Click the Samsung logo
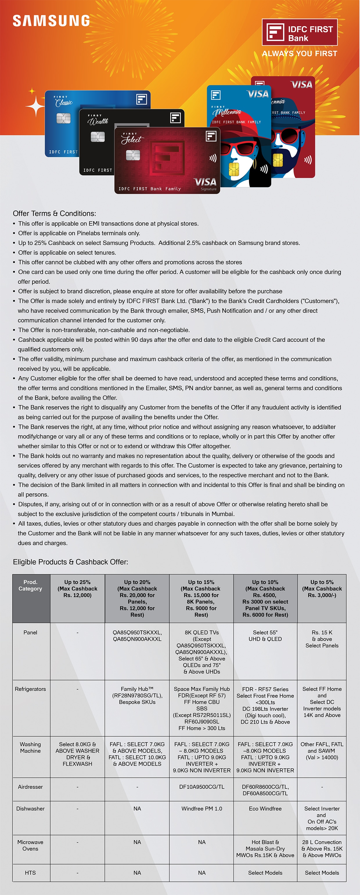point(51,21)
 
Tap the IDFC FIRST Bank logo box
point(300,32)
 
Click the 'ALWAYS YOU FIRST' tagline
point(300,53)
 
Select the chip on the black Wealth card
point(98,137)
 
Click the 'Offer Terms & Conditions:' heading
point(55,213)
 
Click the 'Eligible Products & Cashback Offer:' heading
point(71,562)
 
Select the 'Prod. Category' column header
point(30,585)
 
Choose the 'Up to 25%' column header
point(78,589)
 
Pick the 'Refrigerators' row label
point(30,689)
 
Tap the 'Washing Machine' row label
point(30,747)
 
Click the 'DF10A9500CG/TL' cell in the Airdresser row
point(201,787)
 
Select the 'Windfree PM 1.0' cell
point(201,808)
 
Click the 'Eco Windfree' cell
point(265,808)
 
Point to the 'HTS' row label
point(30,872)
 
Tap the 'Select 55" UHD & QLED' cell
point(265,635)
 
